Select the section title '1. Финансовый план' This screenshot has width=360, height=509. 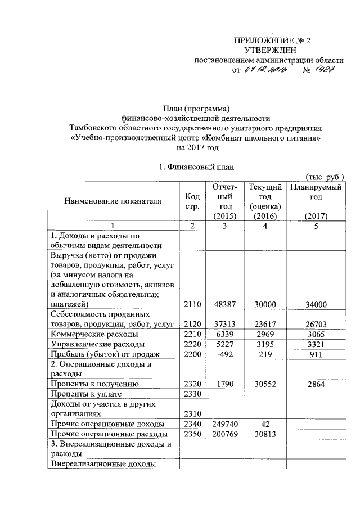coord(196,167)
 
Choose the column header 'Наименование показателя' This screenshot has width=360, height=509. coord(113,201)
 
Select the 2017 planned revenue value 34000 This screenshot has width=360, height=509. coord(315,304)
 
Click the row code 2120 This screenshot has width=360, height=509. coord(192,324)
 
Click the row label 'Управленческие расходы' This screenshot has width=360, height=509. coord(97,344)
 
